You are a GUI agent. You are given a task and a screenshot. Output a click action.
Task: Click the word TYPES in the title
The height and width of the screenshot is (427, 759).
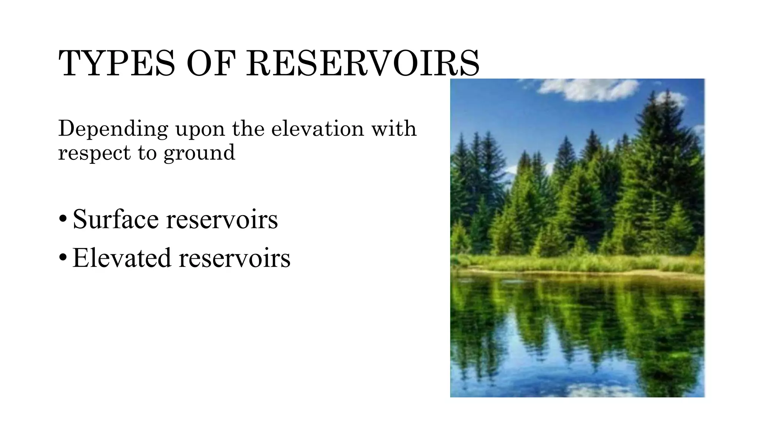click(x=116, y=63)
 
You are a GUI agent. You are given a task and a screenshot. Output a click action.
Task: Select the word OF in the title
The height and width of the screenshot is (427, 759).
click(x=211, y=63)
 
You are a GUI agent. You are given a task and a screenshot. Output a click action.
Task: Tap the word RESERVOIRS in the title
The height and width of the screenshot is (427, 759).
click(x=363, y=63)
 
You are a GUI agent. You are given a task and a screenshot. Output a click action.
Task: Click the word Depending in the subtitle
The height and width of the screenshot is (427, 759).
click(x=113, y=129)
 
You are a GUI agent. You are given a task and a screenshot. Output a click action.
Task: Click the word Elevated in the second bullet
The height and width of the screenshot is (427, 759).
click(x=122, y=258)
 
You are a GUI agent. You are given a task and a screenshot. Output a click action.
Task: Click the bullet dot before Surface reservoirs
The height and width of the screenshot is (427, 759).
click(x=63, y=219)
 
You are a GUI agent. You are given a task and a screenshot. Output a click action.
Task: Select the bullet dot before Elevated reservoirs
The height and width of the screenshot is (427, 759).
click(x=63, y=257)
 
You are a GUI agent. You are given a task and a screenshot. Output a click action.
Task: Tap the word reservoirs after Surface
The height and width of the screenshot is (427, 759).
click(x=222, y=220)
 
